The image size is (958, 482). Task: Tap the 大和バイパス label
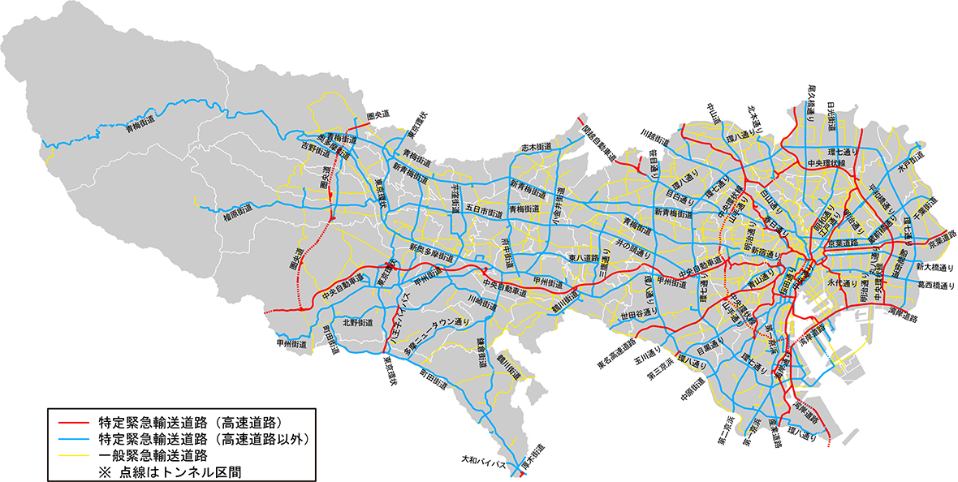pyautogui.click(x=484, y=466)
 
